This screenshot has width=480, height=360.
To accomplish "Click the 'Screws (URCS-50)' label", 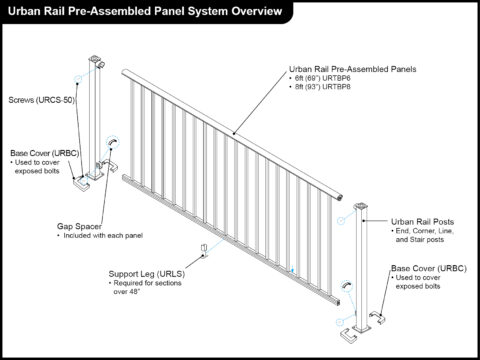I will (x=41, y=100).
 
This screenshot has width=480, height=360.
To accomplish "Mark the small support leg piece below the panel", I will (x=204, y=247).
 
